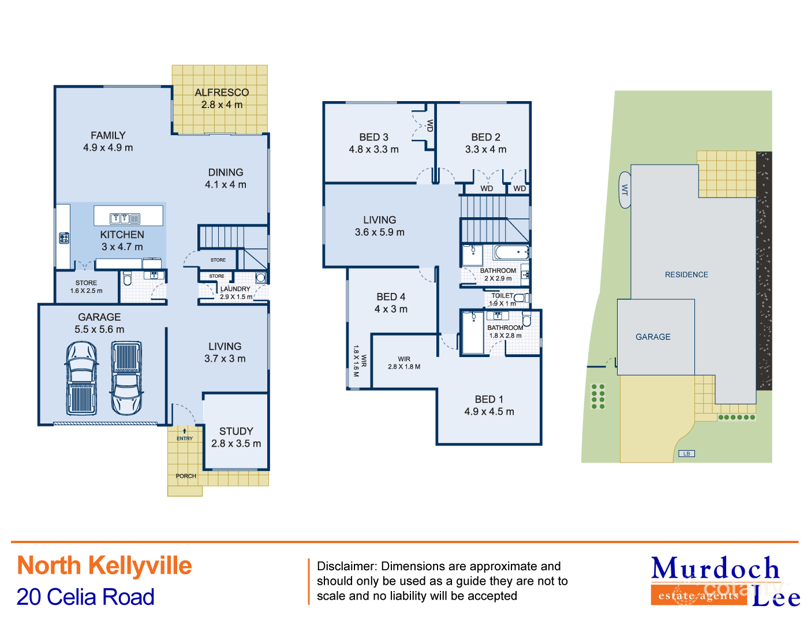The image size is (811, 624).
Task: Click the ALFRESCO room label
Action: pos(222,92)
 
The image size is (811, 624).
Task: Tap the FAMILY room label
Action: pos(108,135)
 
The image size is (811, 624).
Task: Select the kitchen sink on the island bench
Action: pos(125,218)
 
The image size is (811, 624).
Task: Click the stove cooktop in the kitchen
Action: pos(64,237)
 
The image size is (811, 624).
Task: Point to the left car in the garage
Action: pos(81,378)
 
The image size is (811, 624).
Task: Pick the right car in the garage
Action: pos(126,378)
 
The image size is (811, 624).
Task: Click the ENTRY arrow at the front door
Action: pos(185,431)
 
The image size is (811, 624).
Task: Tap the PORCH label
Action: pos(186,476)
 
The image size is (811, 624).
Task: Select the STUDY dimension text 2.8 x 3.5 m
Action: pos(236,444)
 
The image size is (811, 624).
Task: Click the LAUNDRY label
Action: pos(236,289)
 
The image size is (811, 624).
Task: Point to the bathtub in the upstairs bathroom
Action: pos(511,252)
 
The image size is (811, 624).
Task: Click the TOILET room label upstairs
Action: pos(502,296)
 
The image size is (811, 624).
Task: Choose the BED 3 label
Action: pos(373,137)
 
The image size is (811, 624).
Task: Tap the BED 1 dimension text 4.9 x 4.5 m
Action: pos(489,412)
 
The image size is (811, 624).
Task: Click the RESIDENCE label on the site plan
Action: pos(686,274)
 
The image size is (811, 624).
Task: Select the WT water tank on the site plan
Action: pos(625,190)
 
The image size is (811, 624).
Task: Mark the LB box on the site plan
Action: pos(686,454)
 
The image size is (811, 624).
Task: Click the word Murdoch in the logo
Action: pos(716,569)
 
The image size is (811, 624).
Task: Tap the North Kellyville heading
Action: pos(104,566)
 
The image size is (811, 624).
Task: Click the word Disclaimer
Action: pos(345,566)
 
